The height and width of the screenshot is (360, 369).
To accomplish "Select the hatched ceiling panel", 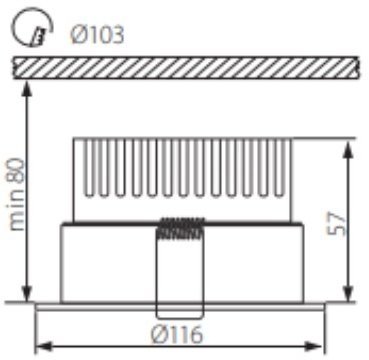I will click(186, 66).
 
